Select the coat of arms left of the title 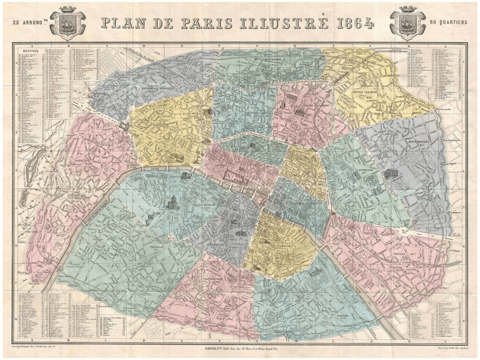click(x=67, y=23)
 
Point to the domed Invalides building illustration click(x=172, y=202)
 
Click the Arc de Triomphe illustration click(x=124, y=125)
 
